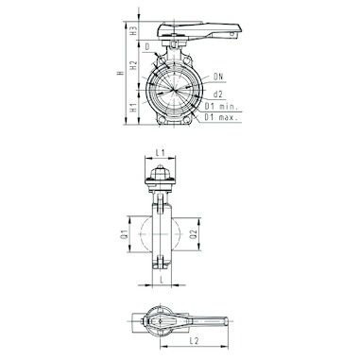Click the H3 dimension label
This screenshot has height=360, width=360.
click(x=134, y=31)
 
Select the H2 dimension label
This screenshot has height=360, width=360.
click(x=134, y=65)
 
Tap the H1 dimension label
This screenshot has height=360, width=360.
click(x=134, y=107)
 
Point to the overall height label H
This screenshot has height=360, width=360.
click(x=120, y=73)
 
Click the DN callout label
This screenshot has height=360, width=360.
click(x=218, y=77)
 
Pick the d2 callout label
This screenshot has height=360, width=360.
click(x=218, y=94)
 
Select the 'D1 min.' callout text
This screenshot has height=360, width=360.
click(x=221, y=106)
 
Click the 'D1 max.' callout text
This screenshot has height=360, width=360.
click(x=221, y=117)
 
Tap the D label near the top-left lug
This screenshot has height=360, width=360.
click(x=147, y=47)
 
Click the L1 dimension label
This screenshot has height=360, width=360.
click(x=161, y=153)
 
